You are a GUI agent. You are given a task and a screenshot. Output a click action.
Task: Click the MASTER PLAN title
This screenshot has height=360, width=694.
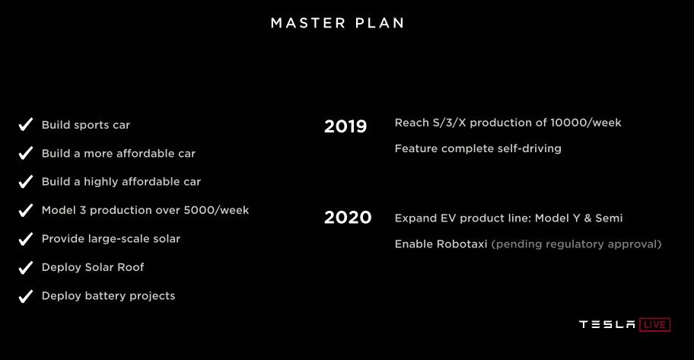point(337,23)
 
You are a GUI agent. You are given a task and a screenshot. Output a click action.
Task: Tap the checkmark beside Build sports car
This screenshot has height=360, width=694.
point(26,124)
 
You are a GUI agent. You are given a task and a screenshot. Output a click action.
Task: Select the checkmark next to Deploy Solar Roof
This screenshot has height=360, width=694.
point(26,267)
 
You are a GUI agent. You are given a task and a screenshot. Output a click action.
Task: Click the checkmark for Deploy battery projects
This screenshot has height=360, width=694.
point(26,296)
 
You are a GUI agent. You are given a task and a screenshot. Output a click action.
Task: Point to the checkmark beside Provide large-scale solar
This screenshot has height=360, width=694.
point(26,239)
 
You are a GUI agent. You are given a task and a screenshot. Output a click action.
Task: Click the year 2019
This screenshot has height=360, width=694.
point(345,126)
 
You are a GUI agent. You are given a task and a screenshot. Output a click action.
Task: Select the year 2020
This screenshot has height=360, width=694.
point(348,218)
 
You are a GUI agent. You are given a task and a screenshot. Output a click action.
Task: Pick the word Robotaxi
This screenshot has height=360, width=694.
point(462,244)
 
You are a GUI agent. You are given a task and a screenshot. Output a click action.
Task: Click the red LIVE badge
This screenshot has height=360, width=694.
point(654,324)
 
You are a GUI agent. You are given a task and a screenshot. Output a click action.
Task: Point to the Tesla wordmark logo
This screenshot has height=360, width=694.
point(606,324)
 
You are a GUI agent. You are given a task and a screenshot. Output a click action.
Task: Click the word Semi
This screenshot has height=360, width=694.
point(609,218)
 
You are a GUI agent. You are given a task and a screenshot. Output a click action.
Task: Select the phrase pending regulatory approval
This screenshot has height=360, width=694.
point(576,244)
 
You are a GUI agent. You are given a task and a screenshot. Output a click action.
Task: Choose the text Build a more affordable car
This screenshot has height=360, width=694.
point(118,153)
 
